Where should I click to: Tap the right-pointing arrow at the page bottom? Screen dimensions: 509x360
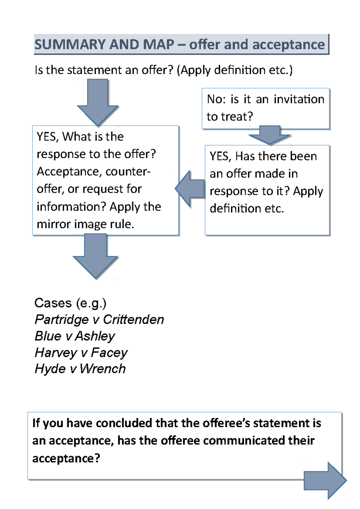tap(325, 481)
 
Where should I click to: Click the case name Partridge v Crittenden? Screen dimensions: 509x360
tap(99, 320)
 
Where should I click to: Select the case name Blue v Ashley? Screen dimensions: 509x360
tap(75, 336)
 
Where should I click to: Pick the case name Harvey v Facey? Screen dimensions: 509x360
tap(81, 353)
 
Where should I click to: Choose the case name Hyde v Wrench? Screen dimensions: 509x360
tap(80, 369)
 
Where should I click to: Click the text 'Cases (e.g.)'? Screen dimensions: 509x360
tap(70, 303)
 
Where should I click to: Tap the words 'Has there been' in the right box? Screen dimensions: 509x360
tap(276, 156)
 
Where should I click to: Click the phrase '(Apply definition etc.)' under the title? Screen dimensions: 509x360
tap(235, 70)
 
